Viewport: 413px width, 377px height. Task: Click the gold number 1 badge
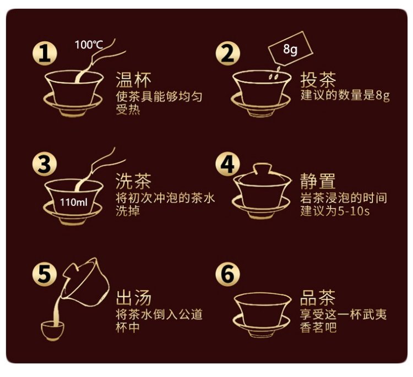click(45, 54)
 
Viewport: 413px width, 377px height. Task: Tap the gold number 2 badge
click(228, 54)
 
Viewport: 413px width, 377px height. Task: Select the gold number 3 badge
click(45, 165)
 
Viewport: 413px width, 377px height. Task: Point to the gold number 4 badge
click(228, 165)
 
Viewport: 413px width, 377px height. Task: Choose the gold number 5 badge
click(45, 274)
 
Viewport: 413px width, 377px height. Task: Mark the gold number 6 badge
click(228, 274)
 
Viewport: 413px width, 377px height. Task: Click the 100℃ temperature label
click(89, 45)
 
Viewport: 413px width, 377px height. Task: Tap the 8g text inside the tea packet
click(290, 49)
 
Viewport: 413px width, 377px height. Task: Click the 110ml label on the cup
click(73, 202)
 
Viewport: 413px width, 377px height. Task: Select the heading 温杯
click(134, 79)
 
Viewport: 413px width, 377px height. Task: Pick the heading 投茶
click(318, 79)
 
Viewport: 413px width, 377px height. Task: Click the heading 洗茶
click(134, 181)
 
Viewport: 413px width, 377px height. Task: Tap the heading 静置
click(318, 181)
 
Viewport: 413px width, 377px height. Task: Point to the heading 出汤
click(134, 298)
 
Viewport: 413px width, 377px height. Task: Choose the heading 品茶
click(318, 298)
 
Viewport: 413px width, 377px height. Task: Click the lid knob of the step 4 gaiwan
click(262, 169)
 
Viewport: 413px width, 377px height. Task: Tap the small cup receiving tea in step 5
click(53, 330)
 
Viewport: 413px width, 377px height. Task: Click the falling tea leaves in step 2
click(274, 74)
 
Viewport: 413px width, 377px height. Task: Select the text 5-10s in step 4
click(354, 211)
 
